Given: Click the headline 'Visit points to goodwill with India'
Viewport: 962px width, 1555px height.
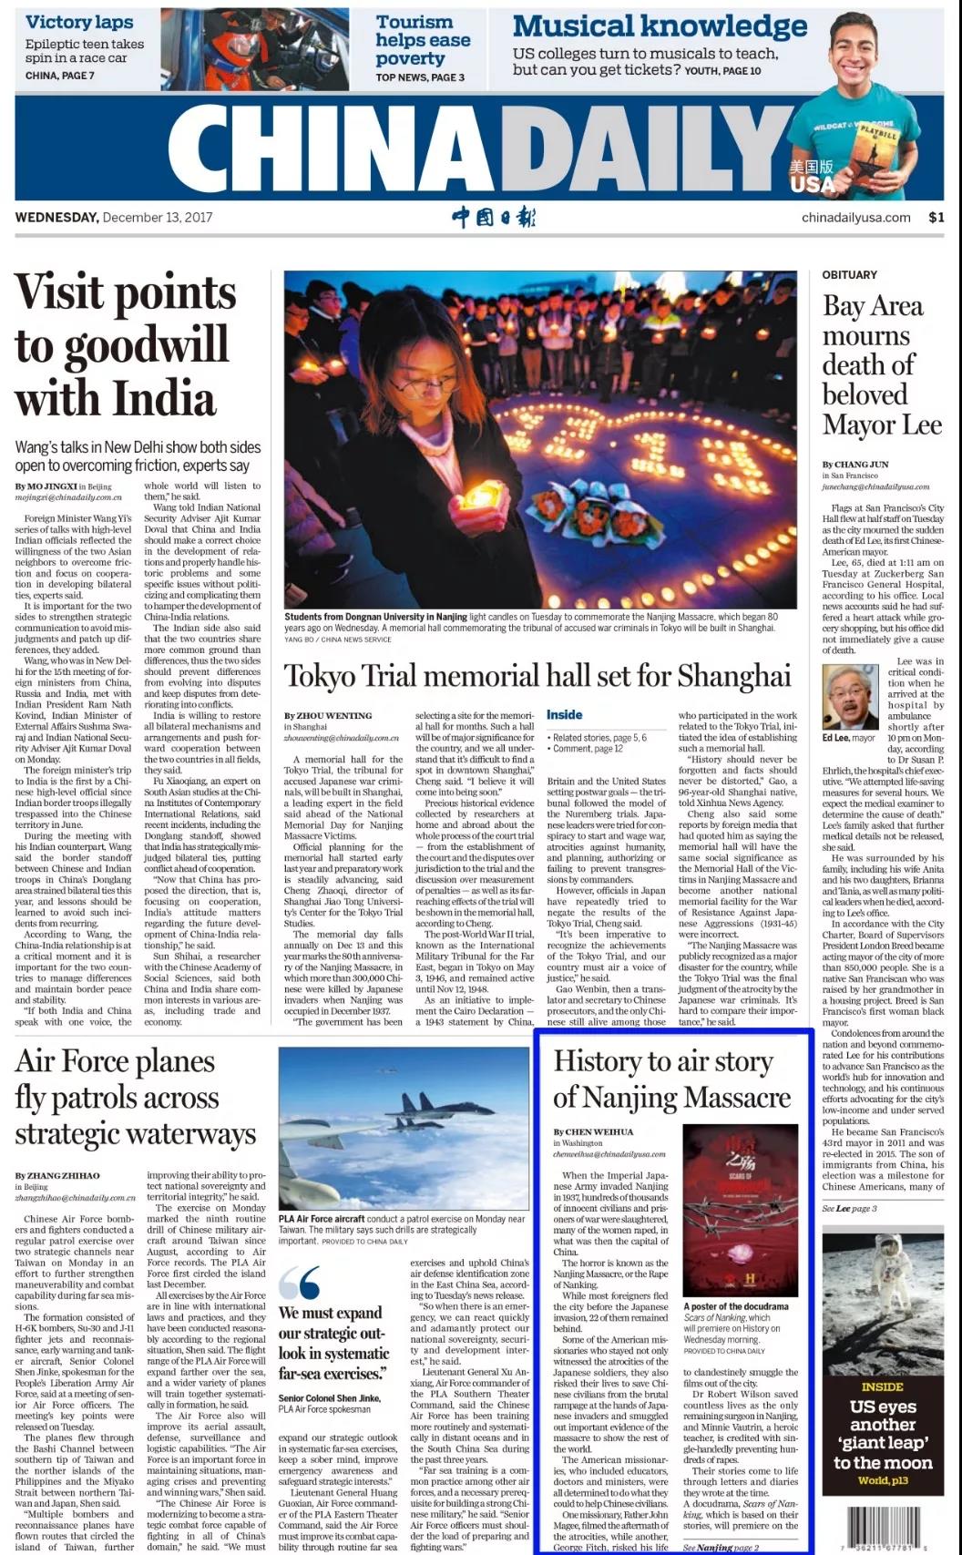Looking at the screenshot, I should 126,345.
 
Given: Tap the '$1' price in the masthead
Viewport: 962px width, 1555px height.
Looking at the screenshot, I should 936,217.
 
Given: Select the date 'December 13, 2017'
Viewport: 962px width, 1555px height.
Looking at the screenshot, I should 158,217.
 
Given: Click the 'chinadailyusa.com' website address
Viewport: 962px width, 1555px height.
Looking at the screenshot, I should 855,217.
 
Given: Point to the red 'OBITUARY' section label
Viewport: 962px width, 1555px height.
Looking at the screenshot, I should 849,274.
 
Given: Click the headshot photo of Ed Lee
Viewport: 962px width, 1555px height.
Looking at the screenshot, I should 850,697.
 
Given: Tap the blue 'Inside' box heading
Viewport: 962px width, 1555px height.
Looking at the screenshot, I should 564,715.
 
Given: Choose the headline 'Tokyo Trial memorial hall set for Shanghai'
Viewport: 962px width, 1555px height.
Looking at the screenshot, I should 537,676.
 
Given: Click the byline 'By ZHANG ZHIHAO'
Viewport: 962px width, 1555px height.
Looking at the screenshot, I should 57,1175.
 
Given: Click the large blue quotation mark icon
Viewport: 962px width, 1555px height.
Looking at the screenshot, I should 300,1282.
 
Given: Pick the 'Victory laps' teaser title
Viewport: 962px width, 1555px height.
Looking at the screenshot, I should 79,22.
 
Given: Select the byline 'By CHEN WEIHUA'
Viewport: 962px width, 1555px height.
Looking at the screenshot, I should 593,1131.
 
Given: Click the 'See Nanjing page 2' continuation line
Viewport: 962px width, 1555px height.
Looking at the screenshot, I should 721,1547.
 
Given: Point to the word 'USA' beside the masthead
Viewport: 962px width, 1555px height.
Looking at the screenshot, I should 813,185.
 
